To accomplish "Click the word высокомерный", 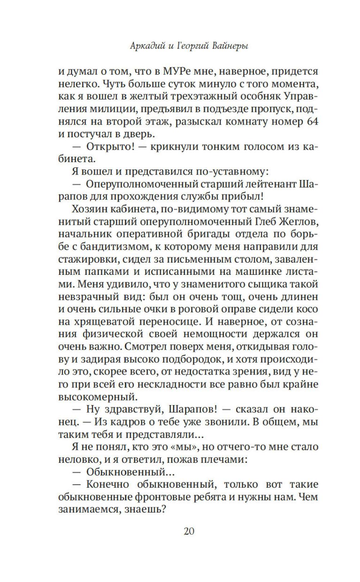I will pos(98,397).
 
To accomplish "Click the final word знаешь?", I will pos(147,510).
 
